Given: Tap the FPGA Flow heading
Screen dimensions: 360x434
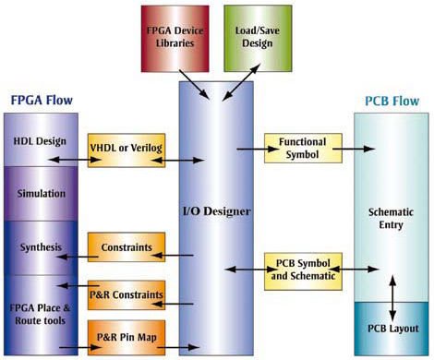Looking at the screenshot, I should pyautogui.click(x=41, y=100).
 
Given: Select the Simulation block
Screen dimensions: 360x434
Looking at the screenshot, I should pyautogui.click(x=41, y=194).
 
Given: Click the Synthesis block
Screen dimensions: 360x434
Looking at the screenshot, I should pyautogui.click(x=41, y=247).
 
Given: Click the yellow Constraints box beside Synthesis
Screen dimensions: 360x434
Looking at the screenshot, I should pyautogui.click(x=126, y=247).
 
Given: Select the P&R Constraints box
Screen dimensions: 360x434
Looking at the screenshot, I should pyautogui.click(x=126, y=295).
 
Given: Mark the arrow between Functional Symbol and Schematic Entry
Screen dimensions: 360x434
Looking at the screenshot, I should pyautogui.click(x=352, y=148).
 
